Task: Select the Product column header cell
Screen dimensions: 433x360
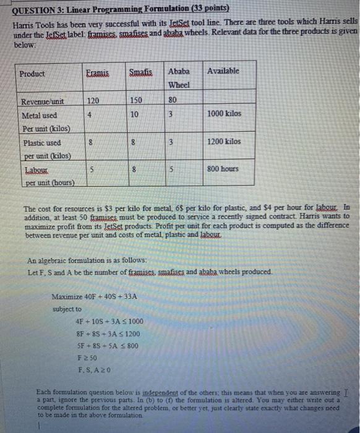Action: pyautogui.click(x=32, y=74)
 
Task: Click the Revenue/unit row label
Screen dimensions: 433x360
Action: pyautogui.click(x=43, y=101)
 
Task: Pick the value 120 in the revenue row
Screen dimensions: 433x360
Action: pyautogui.click(x=93, y=100)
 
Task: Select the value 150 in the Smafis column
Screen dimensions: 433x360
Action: pyautogui.click(x=137, y=100)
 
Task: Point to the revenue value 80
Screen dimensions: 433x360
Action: pyautogui.click(x=173, y=100)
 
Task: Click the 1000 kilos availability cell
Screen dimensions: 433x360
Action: pyautogui.click(x=225, y=114)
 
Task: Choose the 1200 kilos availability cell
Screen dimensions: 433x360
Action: pyautogui.click(x=225, y=142)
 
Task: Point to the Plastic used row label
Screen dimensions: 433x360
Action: pyautogui.click(x=41, y=143)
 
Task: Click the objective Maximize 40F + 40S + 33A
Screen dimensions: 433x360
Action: pyautogui.click(x=95, y=296)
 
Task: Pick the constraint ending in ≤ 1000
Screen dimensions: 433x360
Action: pyautogui.click(x=108, y=321)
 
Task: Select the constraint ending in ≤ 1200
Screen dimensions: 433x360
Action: pyautogui.click(x=108, y=333)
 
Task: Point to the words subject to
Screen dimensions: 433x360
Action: pyautogui.click(x=67, y=309)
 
